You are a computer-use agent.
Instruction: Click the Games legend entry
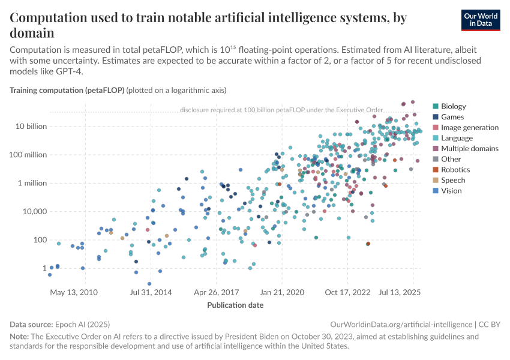(452, 117)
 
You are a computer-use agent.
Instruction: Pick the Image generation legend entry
(469, 128)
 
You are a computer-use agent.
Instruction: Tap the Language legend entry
(457, 138)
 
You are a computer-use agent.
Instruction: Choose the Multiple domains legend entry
(469, 149)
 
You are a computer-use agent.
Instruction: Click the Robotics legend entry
(455, 170)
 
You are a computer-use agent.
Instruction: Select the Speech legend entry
(453, 180)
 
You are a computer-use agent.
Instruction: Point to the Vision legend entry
(452, 191)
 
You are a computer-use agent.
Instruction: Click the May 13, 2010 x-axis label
(74, 293)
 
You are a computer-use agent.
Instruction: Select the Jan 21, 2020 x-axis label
(281, 293)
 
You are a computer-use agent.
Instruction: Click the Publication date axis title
(235, 305)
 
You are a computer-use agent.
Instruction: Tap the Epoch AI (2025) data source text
(81, 324)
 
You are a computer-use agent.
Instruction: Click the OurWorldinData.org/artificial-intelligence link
(400, 324)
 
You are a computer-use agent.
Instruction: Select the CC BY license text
(488, 324)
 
